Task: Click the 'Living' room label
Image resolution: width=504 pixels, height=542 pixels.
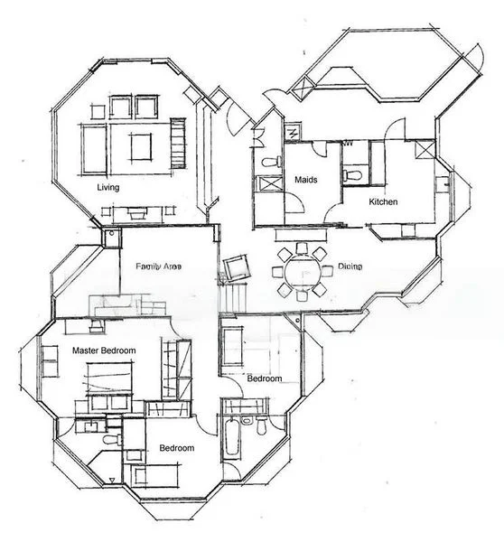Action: tap(110, 188)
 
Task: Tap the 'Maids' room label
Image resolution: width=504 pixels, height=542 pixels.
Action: tap(306, 180)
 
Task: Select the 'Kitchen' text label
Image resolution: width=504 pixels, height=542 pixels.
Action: tap(383, 202)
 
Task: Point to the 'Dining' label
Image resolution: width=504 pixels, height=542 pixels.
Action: tap(350, 267)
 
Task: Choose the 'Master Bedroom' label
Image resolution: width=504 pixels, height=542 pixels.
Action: tap(104, 350)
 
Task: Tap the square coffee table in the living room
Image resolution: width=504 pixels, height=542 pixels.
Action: tap(140, 145)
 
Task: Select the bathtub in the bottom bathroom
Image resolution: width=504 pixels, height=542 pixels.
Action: tap(230, 439)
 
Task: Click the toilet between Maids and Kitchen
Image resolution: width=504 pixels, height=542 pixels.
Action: tap(353, 172)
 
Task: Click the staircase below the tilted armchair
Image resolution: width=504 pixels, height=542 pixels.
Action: tap(235, 294)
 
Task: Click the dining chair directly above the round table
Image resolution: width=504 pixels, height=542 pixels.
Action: tap(301, 250)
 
